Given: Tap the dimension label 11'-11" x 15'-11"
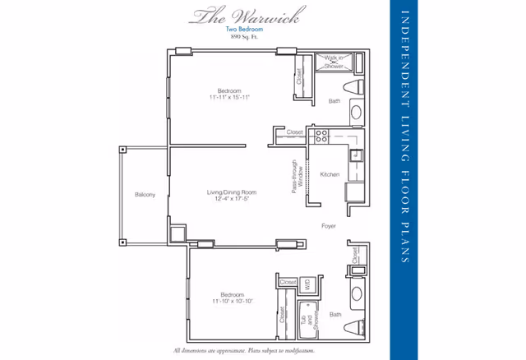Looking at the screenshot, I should click(x=228, y=97).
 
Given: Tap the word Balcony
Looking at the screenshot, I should click(x=145, y=195).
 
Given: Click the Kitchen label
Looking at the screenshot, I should click(x=330, y=174).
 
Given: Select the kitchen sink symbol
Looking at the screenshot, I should click(x=358, y=154).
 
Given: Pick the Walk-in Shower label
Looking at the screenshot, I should click(x=334, y=60).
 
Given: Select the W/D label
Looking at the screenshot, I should click(x=306, y=284).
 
